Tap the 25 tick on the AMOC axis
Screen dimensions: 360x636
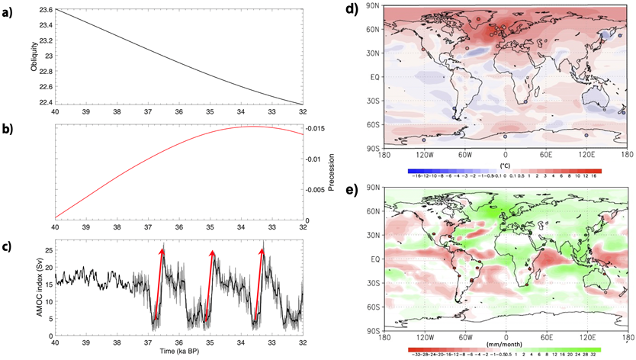tap(47, 250)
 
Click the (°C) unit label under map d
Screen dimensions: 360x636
tap(504, 164)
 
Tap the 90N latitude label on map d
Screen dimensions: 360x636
tap(374, 7)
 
